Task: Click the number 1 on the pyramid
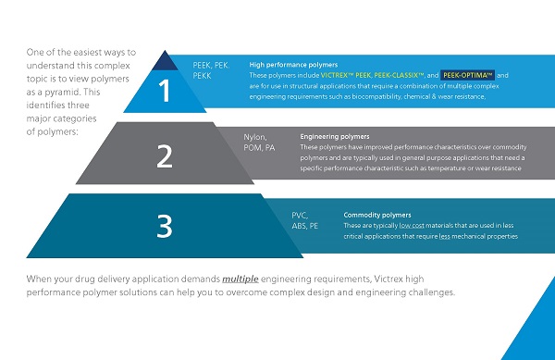pyautogui.click(x=165, y=92)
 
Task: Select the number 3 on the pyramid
pyautogui.click(x=165, y=226)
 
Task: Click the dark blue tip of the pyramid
pyautogui.click(x=165, y=61)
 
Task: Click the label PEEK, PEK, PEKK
pyautogui.click(x=211, y=71)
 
